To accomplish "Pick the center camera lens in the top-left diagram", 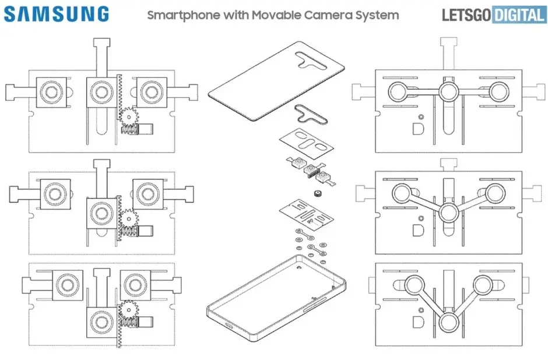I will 100,91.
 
